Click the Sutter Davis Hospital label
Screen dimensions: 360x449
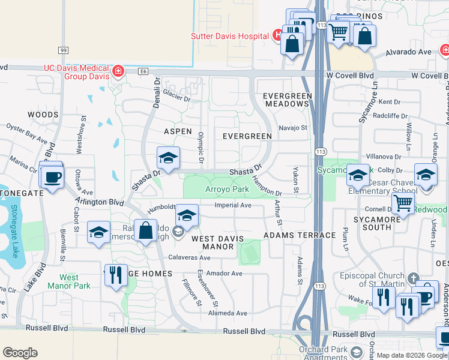(229, 36)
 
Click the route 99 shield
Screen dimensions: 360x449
(64, 51)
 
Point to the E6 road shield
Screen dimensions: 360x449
(142, 71)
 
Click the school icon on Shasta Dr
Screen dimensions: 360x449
(169, 158)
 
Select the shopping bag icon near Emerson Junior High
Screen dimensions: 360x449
(145, 230)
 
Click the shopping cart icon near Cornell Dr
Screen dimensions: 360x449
(403, 203)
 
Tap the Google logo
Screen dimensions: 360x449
(20, 353)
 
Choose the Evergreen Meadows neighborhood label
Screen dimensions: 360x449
(288, 100)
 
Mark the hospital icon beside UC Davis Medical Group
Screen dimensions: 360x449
(119, 72)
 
